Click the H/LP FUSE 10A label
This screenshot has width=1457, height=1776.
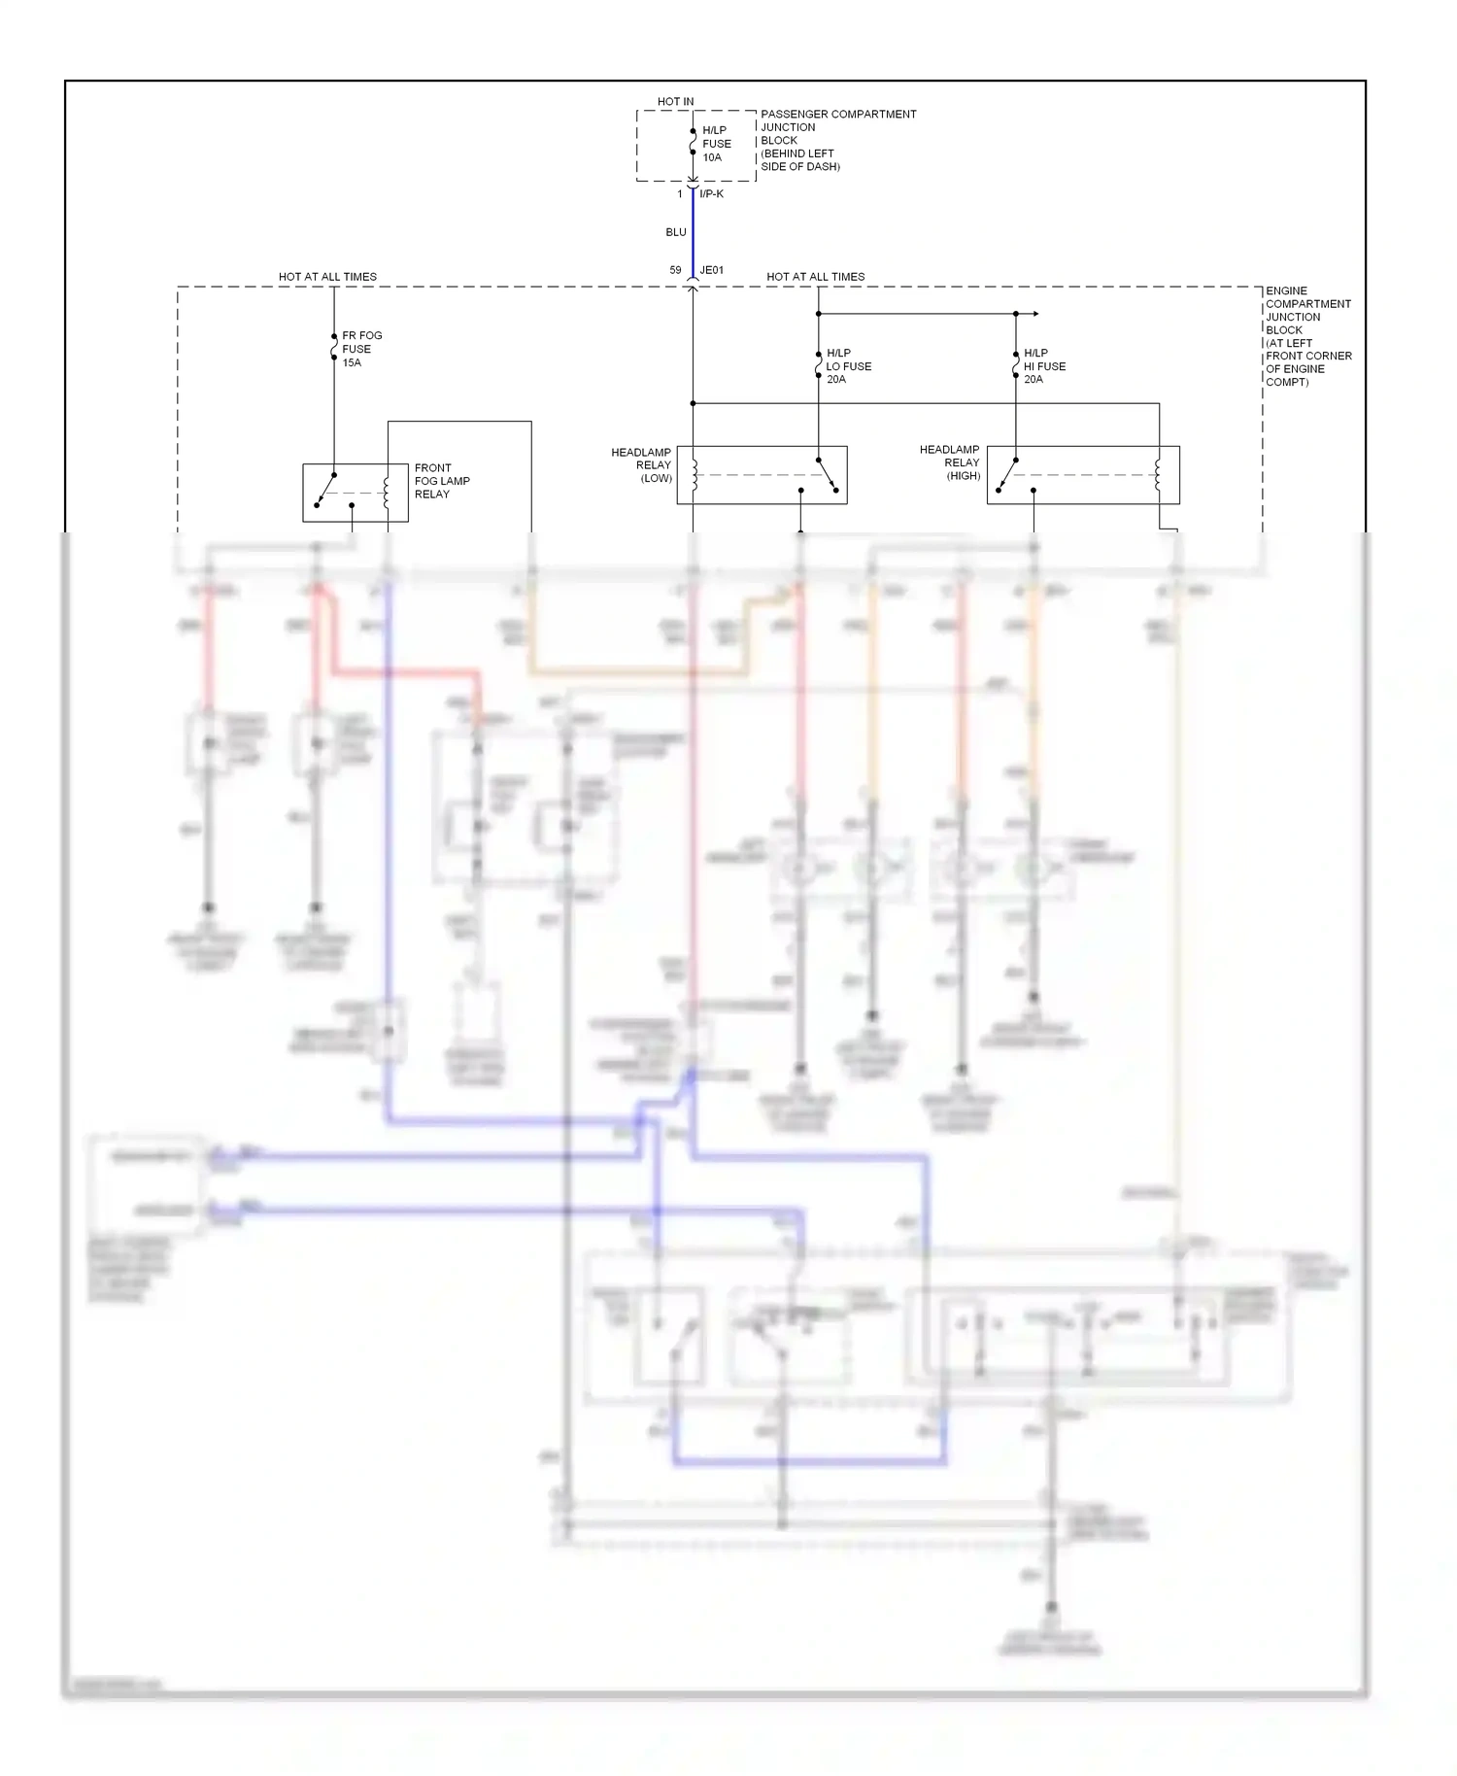pos(717,144)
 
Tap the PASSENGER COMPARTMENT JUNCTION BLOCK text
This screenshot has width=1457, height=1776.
pos(837,140)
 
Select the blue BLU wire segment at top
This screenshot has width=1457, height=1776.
pos(693,233)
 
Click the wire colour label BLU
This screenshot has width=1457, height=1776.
pos(676,232)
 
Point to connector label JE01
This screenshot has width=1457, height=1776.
pos(712,270)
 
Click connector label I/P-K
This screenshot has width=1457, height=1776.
pos(712,194)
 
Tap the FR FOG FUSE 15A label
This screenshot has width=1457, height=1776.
pos(361,349)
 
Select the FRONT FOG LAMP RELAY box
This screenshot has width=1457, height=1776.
pos(355,493)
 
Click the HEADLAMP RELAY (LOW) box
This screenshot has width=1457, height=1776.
pos(762,475)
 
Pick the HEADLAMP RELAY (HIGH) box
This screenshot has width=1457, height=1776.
pos(1083,475)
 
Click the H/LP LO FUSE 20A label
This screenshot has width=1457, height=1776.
pos(848,366)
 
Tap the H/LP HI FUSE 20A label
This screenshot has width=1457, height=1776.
pos(1044,366)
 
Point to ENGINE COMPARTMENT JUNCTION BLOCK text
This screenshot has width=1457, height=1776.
pos(1307,336)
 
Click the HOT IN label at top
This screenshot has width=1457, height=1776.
pos(675,101)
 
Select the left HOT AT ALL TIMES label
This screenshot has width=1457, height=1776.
pos(327,277)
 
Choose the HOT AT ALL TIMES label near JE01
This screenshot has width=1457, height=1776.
pos(815,277)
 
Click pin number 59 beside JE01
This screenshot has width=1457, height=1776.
pos(675,270)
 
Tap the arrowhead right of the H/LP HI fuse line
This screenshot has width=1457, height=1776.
pos(1035,314)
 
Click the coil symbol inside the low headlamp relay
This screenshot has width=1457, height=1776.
pos(695,475)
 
